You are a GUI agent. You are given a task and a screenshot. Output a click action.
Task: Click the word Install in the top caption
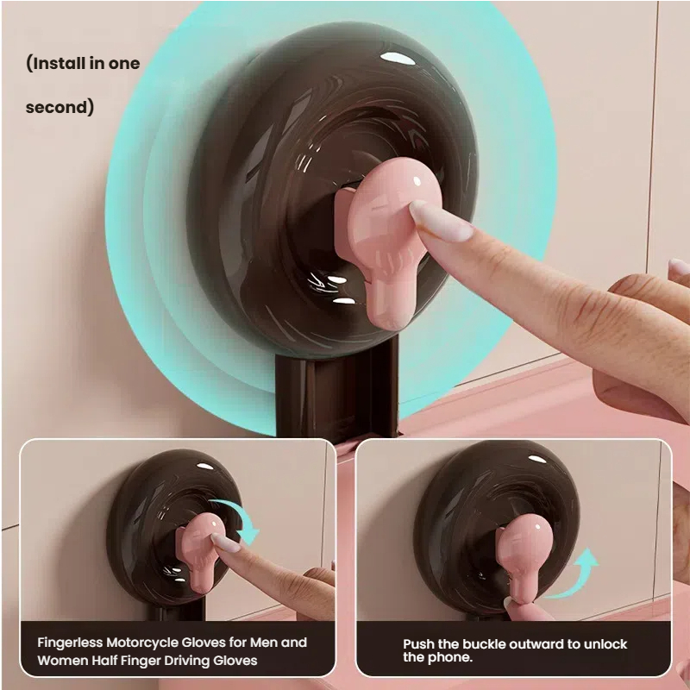pos(60,63)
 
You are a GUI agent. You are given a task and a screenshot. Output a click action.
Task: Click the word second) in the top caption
pos(60,107)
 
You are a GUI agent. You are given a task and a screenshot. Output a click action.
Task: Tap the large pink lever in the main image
pos(384,242)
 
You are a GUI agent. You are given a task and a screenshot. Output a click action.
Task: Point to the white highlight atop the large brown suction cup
pos(398,58)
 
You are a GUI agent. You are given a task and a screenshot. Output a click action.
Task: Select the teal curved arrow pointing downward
pos(239,520)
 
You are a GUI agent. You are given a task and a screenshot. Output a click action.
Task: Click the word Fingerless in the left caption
pos(70,643)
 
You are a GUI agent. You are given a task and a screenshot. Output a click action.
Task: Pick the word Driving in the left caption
pos(189,661)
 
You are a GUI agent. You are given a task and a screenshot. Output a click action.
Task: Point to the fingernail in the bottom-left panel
pos(226,543)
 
